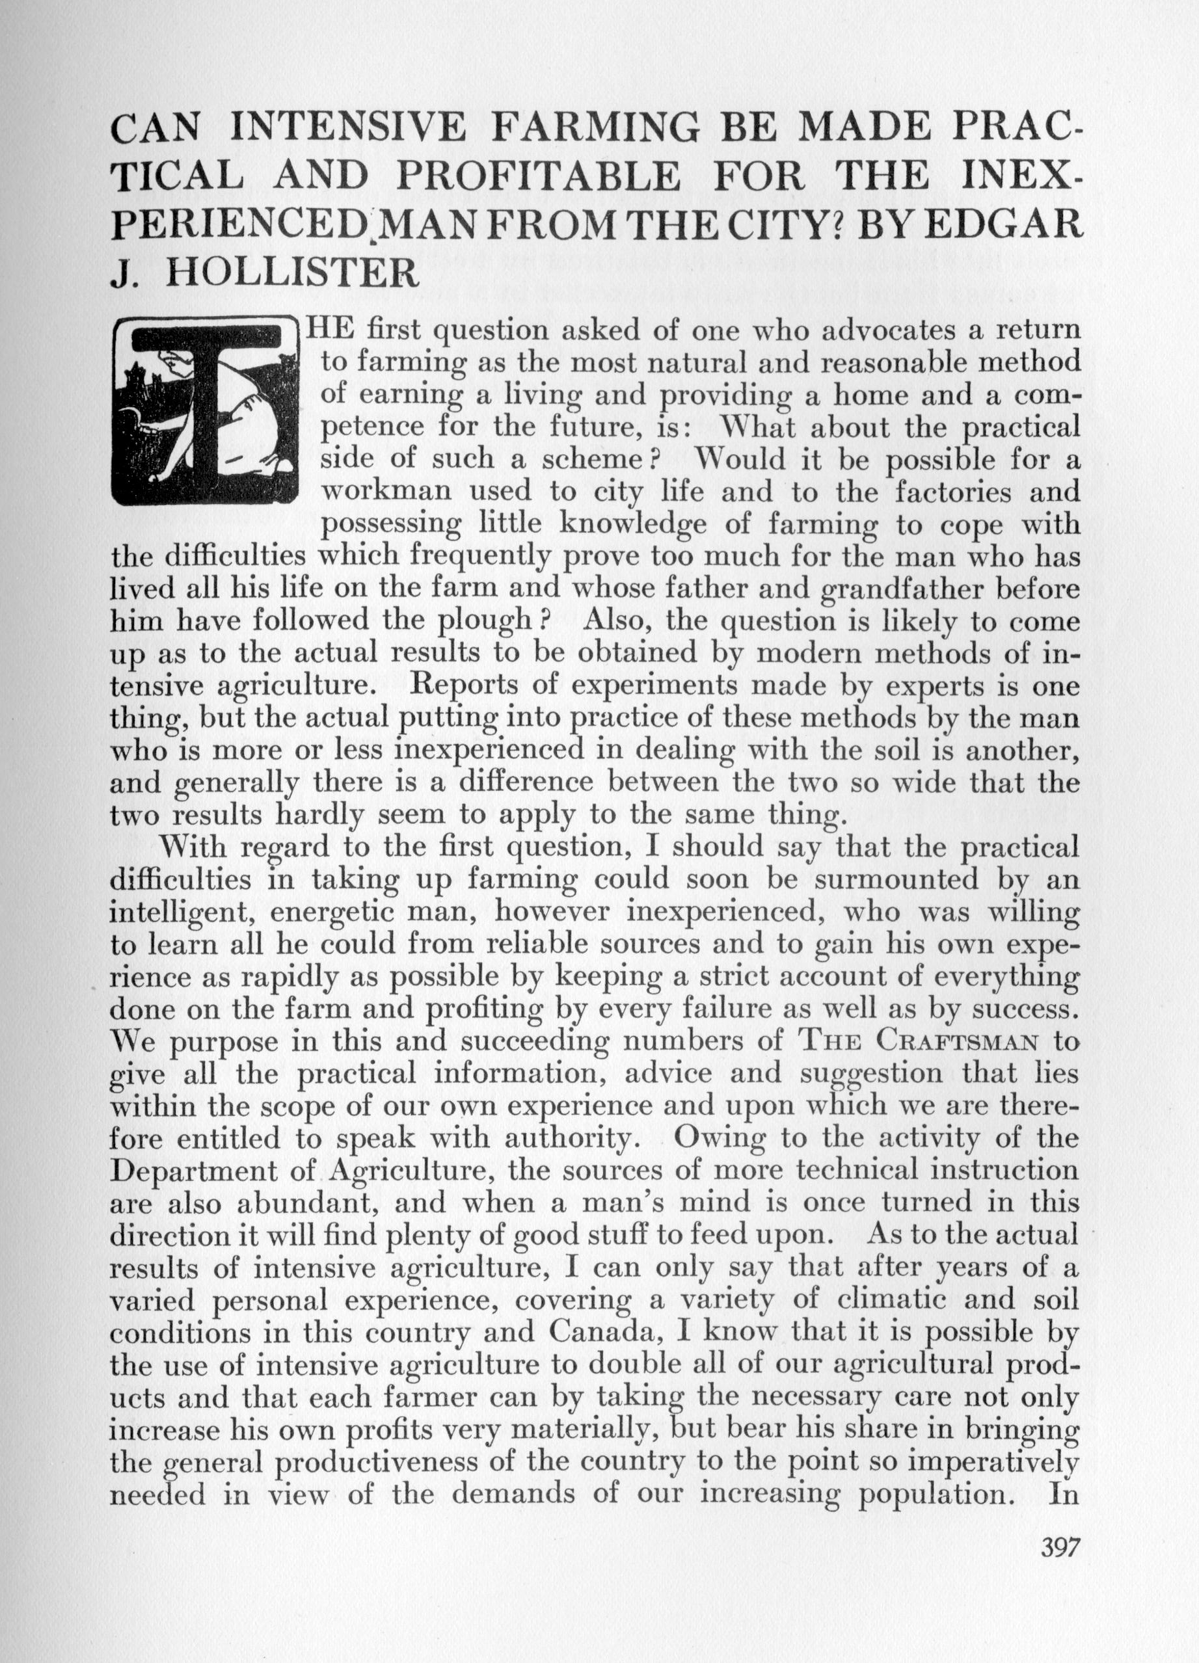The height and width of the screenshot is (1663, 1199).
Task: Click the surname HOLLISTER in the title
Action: click(293, 274)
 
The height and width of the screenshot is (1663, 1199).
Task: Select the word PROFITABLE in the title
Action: click(538, 176)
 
